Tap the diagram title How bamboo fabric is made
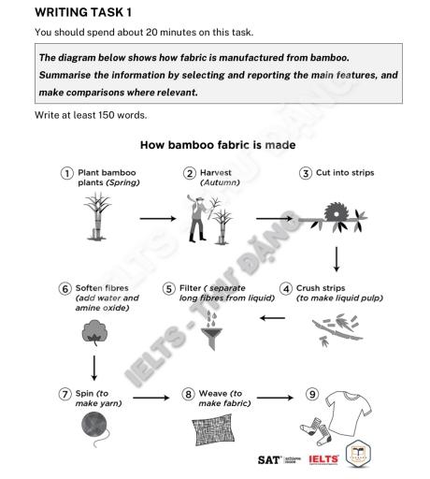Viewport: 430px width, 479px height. [x=217, y=146]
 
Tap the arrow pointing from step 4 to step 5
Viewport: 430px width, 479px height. [x=271, y=318]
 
